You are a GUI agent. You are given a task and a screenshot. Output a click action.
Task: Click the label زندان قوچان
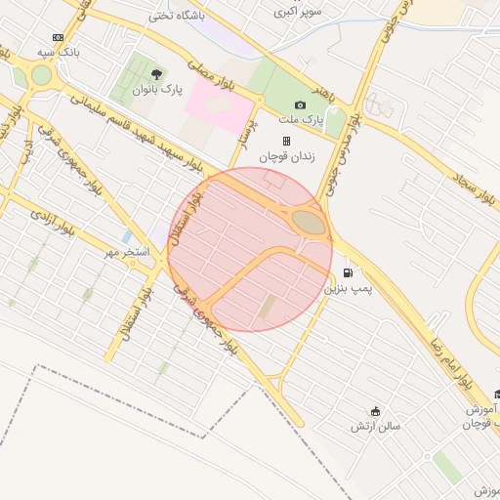click(x=282, y=156)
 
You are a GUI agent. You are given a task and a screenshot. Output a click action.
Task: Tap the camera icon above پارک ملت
click(x=300, y=105)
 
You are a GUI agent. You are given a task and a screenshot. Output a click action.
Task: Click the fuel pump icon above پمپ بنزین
click(x=349, y=272)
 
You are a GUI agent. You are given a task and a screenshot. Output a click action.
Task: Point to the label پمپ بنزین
click(x=349, y=289)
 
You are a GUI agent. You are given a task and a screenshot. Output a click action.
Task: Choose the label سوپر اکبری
click(x=297, y=13)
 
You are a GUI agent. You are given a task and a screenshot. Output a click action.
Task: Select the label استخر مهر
click(x=128, y=253)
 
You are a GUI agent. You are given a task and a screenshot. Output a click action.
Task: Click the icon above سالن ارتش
click(x=376, y=410)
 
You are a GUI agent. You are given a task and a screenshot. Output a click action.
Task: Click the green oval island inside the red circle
click(x=311, y=223)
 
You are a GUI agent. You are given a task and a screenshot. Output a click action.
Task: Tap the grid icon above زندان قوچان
click(x=287, y=141)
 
